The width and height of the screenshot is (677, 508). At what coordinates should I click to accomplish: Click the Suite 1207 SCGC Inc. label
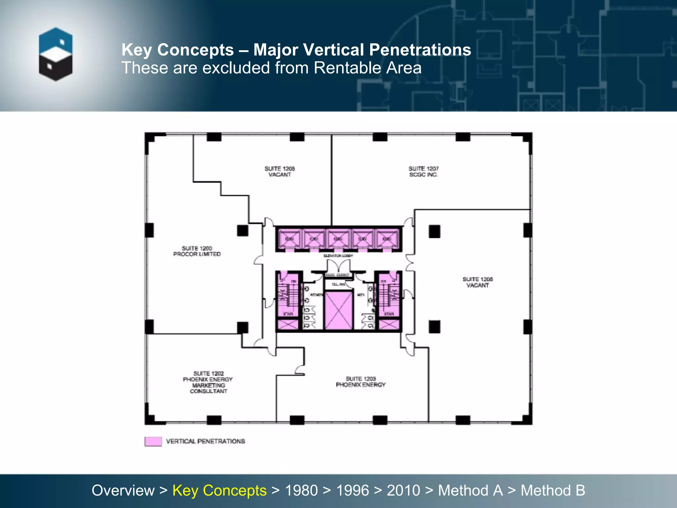pyautogui.click(x=423, y=172)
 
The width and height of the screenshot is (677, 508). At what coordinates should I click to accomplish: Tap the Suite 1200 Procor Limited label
pyautogui.click(x=197, y=251)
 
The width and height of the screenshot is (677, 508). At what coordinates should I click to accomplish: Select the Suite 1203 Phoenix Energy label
pyautogui.click(x=361, y=382)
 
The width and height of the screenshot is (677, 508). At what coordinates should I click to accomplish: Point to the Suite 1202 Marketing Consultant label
pyautogui.click(x=208, y=382)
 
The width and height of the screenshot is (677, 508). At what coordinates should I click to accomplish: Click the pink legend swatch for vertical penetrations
pyautogui.click(x=153, y=442)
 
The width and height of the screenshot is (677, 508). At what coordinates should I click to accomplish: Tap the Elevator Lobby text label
pyautogui.click(x=338, y=256)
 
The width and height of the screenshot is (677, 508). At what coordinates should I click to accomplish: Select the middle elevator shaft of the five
pyautogui.click(x=338, y=239)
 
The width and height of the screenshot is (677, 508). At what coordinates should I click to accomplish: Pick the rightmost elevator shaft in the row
pyautogui.click(x=387, y=239)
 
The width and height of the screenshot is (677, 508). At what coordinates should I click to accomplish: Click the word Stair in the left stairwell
pyautogui.click(x=288, y=314)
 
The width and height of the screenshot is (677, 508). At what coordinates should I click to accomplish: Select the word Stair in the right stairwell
pyautogui.click(x=389, y=314)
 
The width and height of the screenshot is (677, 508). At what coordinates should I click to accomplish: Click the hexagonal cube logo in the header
pyautogui.click(x=56, y=54)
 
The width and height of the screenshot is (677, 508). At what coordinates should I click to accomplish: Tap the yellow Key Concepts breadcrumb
pyautogui.click(x=219, y=490)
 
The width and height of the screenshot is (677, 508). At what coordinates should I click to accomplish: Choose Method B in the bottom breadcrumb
pyautogui.click(x=553, y=490)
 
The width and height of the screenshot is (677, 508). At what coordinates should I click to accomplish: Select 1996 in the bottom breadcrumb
pyautogui.click(x=352, y=490)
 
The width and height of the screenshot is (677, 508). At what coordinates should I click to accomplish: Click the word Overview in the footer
pyautogui.click(x=123, y=490)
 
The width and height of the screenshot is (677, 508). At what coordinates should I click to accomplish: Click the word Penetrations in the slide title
pyautogui.click(x=420, y=50)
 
